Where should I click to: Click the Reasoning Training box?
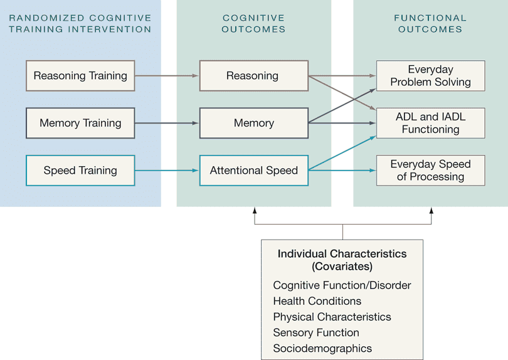coord(80,76)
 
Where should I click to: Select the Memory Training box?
coord(80,123)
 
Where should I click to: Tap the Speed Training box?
coord(80,170)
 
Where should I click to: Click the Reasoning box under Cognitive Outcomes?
coord(253,76)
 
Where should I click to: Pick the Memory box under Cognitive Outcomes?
coord(253,123)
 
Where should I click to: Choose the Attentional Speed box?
coord(253,170)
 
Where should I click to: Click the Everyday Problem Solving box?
coord(430,76)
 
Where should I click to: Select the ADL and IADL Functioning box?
coord(430,123)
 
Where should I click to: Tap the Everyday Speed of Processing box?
coord(430,170)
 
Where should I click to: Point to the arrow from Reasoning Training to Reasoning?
coord(167,76)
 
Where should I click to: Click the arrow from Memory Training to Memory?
coord(167,123)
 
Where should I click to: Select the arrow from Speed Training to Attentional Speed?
coord(167,170)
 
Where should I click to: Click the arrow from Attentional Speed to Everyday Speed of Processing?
coord(342,170)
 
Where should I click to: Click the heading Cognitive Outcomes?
coord(253,23)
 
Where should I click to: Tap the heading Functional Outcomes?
coord(430,23)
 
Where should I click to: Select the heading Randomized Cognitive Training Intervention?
coord(80,23)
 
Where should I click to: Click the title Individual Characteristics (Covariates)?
coord(342,260)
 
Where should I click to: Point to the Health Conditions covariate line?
coord(317,301)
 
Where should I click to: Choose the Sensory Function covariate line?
coord(316,332)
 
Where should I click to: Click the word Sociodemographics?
coord(322,348)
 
